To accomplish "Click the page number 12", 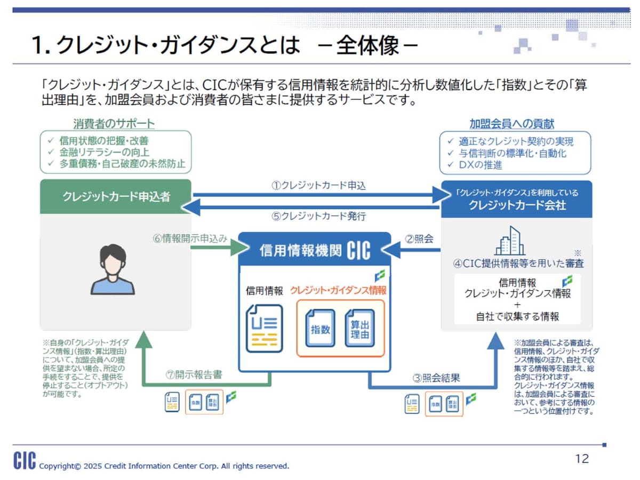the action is (582, 459).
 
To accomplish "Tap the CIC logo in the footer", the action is (25, 460).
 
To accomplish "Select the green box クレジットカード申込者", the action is (116, 196).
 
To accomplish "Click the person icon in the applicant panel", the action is (113, 269).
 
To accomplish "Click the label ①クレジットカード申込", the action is (318, 186).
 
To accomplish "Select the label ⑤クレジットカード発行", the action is (318, 216).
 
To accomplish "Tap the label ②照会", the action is (419, 239).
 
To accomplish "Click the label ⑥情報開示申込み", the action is (190, 238).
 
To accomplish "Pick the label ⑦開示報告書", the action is (194, 374).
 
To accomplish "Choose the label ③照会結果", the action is (436, 378).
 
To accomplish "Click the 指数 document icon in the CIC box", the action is (320, 329).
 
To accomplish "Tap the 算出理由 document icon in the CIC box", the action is (360, 329).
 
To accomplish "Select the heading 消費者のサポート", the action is (114, 124).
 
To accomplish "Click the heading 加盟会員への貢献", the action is (511, 124).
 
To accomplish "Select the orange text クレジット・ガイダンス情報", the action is (338, 290).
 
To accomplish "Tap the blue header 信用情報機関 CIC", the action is (315, 250).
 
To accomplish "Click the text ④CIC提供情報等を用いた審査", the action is (518, 263).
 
